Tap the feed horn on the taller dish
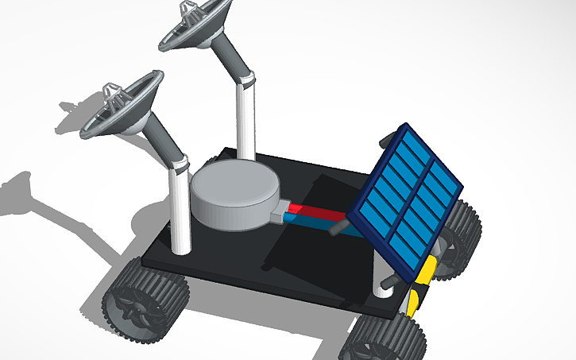pyautogui.click(x=191, y=10)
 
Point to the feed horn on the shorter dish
pyautogui.click(x=113, y=95)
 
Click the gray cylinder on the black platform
pyautogui.click(x=234, y=195)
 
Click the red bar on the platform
pyautogui.click(x=318, y=212)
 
